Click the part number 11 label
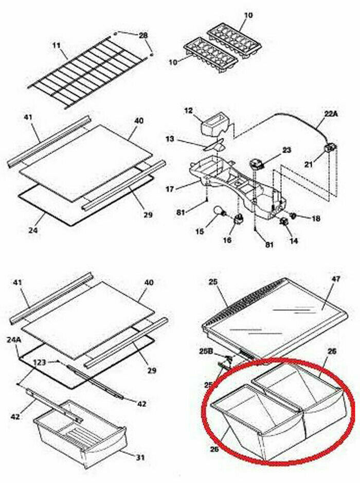(56, 45)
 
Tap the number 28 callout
(143, 35)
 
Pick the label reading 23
(286, 150)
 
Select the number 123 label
(39, 363)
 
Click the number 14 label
(293, 240)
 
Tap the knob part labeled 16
(238, 220)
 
